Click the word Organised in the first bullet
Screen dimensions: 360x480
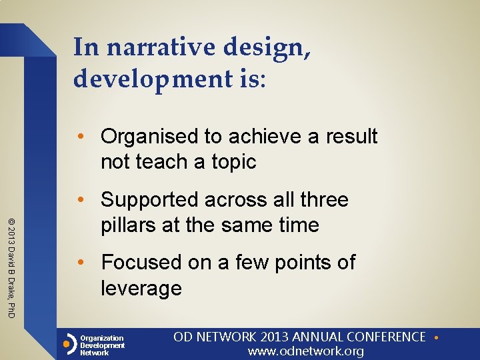tap(150, 137)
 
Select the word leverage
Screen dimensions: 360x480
tap(141, 288)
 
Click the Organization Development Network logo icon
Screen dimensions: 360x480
tap(69, 345)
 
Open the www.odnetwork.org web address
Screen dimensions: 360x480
tap(306, 351)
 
